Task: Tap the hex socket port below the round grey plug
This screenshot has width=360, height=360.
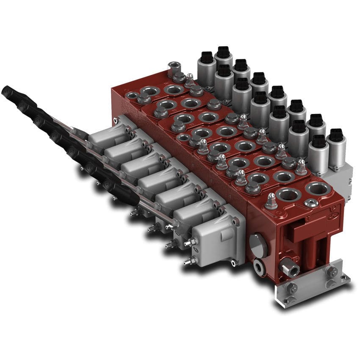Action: [259, 266]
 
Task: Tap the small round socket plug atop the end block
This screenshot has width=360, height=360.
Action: [312, 203]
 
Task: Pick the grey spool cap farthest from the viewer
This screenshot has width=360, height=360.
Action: [104, 133]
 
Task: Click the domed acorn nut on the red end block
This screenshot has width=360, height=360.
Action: [271, 199]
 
